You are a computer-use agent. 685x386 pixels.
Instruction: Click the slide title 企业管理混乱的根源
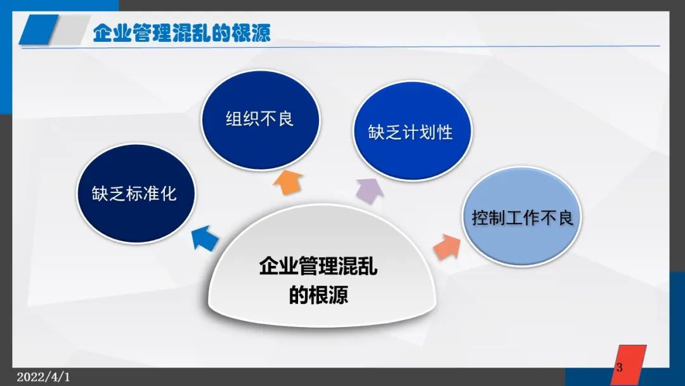182,33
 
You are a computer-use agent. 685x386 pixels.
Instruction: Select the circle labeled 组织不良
260,119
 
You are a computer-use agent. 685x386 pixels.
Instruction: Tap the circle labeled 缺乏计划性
412,131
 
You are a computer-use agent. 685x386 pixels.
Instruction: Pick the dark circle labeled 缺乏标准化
136,194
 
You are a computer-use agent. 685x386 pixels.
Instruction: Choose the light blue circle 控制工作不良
521,216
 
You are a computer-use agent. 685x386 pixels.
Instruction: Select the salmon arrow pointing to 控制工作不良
447,246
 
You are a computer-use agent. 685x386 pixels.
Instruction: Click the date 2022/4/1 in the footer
43,377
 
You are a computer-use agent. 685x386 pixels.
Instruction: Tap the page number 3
620,367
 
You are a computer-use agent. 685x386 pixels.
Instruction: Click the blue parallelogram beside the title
39,29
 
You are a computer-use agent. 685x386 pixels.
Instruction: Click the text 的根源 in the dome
318,294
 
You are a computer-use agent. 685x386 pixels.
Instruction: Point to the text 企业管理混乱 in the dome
318,265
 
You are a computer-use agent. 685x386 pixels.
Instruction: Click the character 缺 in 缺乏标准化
100,194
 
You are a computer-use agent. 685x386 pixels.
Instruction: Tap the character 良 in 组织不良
285,119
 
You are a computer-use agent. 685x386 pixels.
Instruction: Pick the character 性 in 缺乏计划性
445,132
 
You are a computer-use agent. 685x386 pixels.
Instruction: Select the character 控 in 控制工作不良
480,217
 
